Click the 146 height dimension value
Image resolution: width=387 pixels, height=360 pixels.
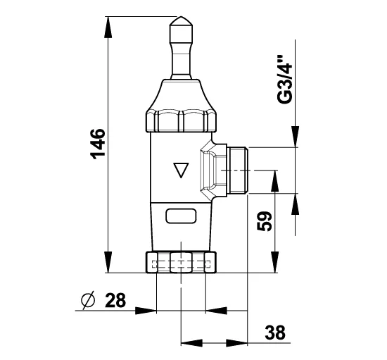[x=98, y=144]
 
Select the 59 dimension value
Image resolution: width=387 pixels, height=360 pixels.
[x=264, y=221]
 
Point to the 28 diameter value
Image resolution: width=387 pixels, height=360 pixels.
[x=115, y=300]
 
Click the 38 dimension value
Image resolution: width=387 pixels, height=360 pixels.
[x=275, y=333]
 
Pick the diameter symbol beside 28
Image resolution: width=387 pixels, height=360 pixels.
[x=88, y=300]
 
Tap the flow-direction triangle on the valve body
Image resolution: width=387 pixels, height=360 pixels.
[x=181, y=170]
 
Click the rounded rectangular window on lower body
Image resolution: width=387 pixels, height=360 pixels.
[x=181, y=216]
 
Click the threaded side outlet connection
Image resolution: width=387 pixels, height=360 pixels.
[x=237, y=170]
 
